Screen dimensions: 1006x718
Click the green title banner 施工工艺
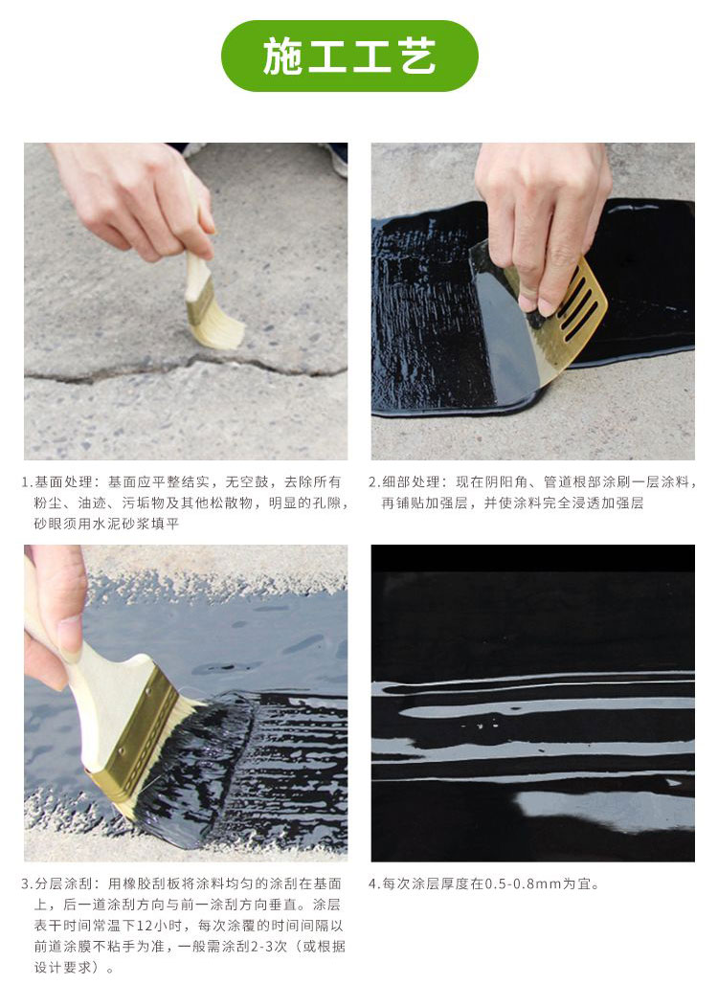tap(349, 56)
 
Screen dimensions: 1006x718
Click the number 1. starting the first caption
tap(27, 481)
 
